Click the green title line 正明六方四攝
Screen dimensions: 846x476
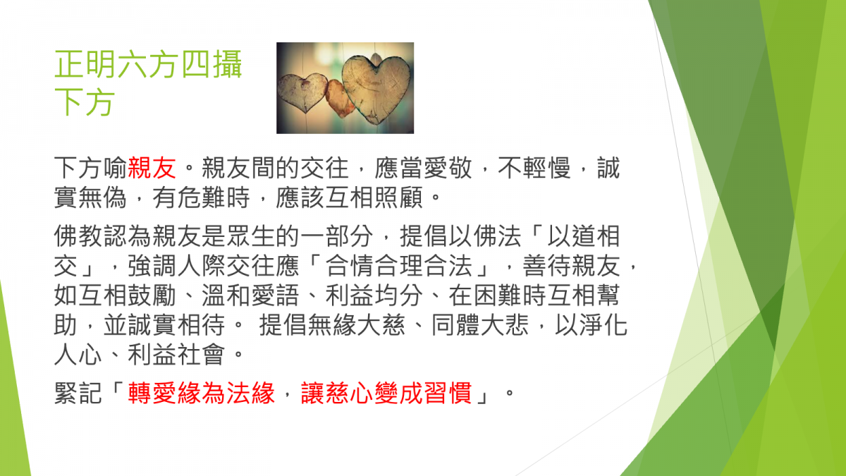pyautogui.click(x=148, y=64)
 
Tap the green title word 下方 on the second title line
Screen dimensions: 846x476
pyautogui.click(x=84, y=102)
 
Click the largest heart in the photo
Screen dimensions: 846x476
pyautogui.click(x=376, y=89)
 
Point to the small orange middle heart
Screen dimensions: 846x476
pyautogui.click(x=338, y=97)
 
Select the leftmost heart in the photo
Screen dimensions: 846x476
pyautogui.click(x=302, y=92)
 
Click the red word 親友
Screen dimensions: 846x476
pyautogui.click(x=152, y=168)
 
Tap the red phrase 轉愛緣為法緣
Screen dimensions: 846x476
pyautogui.click(x=202, y=393)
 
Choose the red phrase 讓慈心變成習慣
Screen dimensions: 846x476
pyautogui.click(x=386, y=393)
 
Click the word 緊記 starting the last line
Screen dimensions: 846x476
pyautogui.click(x=78, y=393)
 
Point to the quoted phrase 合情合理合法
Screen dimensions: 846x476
pyautogui.click(x=398, y=266)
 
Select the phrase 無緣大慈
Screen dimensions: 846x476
pyautogui.click(x=356, y=325)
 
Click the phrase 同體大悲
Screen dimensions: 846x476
pyautogui.click(x=479, y=325)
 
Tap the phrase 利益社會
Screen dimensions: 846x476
pyautogui.click(x=176, y=354)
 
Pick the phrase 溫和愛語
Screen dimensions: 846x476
pyautogui.click(x=250, y=295)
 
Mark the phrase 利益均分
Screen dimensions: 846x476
pyautogui.click(x=374, y=295)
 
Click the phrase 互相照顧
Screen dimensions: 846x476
pyautogui.click(x=374, y=197)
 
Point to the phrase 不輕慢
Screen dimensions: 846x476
pyautogui.click(x=534, y=168)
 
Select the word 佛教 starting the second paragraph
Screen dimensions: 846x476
pyautogui.click(x=78, y=236)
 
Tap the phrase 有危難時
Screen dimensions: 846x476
pyautogui.click(x=202, y=197)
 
